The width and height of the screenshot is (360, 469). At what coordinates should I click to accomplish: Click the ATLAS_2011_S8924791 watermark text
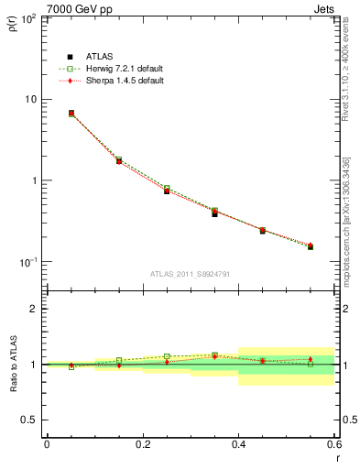point(190,273)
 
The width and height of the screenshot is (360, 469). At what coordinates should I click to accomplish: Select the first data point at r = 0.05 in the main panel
point(71,114)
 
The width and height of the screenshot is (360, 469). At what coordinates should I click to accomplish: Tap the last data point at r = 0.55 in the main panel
point(311,246)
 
